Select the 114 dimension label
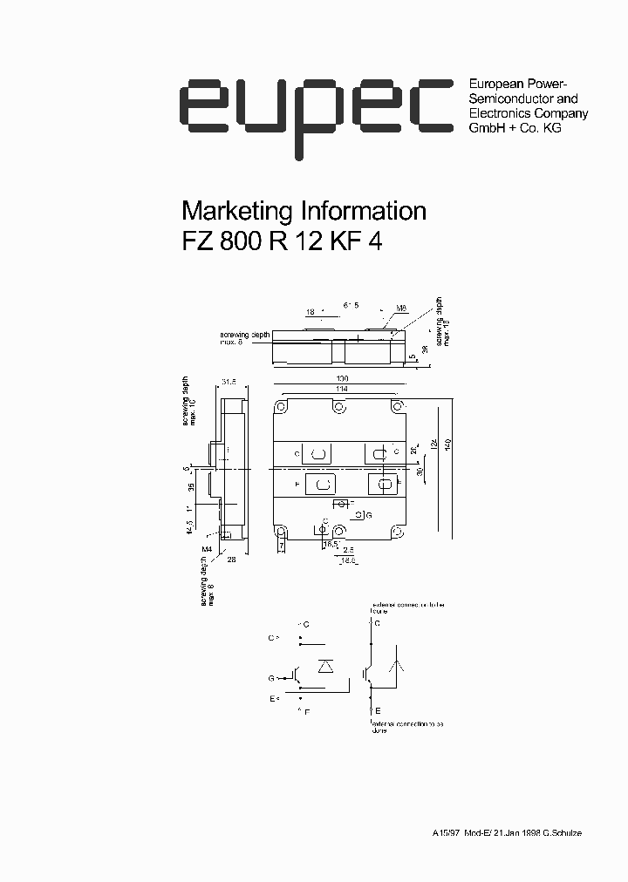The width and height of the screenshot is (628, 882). click(x=341, y=389)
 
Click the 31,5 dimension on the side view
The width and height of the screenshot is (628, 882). click(x=229, y=382)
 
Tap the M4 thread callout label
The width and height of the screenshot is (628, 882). click(x=206, y=548)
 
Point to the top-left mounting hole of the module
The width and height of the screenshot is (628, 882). click(x=282, y=407)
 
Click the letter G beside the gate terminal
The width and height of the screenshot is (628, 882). click(x=369, y=516)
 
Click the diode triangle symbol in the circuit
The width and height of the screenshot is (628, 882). click(x=326, y=667)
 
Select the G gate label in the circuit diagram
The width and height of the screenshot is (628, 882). click(x=271, y=677)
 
